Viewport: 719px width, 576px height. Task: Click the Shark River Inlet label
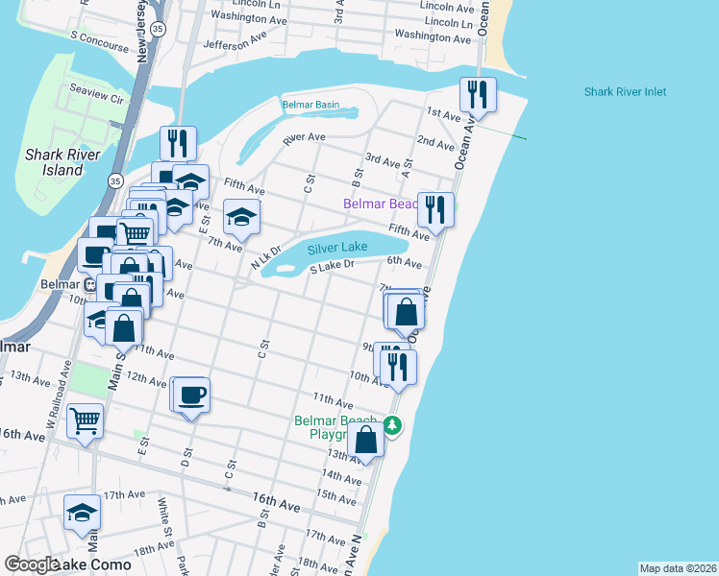click(x=625, y=92)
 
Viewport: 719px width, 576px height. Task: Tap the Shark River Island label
click(x=55, y=162)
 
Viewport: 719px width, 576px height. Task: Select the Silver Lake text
click(x=337, y=248)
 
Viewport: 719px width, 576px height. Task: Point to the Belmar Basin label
click(x=310, y=105)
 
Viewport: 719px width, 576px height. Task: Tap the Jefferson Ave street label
click(x=235, y=43)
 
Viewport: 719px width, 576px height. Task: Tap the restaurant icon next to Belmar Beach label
click(x=435, y=208)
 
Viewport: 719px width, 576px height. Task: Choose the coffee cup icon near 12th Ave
click(x=191, y=394)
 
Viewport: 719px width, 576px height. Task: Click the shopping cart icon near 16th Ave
click(x=85, y=420)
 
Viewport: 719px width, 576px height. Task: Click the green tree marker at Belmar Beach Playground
click(x=391, y=425)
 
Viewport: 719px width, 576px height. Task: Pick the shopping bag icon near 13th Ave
click(x=366, y=440)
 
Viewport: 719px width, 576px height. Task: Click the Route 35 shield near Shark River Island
click(x=115, y=180)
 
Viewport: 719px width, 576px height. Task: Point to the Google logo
click(x=31, y=564)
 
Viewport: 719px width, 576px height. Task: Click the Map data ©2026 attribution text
click(x=678, y=568)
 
